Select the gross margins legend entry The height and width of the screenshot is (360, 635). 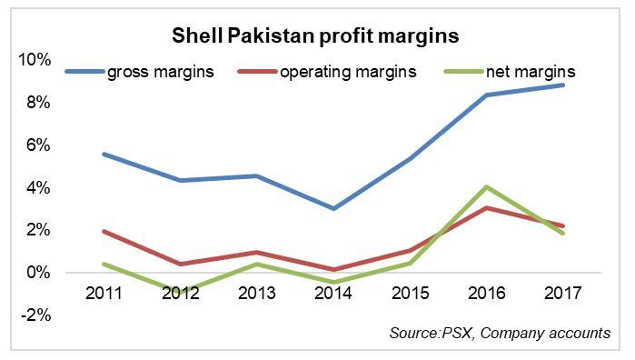point(160,71)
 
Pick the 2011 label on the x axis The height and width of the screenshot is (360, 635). point(104,295)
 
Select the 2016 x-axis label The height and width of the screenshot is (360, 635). point(487,295)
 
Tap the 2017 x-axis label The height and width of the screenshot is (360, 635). point(563,295)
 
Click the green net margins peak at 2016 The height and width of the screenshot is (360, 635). point(487,187)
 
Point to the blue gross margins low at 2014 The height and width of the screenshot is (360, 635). point(333,208)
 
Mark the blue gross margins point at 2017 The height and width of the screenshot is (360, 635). point(563,85)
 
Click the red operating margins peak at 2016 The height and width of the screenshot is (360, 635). point(487,208)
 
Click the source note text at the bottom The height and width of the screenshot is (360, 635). point(500,334)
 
